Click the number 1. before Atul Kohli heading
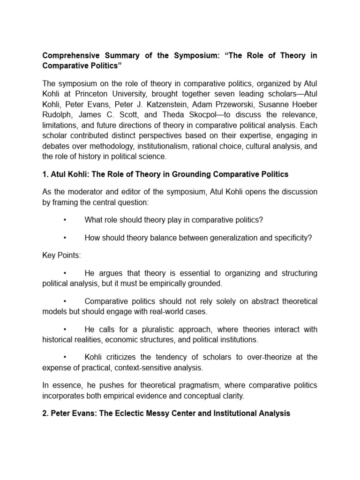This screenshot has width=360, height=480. (x=45, y=174)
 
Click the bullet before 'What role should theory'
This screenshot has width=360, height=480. (x=64, y=220)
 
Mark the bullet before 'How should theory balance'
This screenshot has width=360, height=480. (x=64, y=238)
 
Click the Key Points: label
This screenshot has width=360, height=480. (x=61, y=255)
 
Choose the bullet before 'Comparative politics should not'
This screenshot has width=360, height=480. (x=64, y=301)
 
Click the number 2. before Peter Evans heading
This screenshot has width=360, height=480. (x=45, y=413)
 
